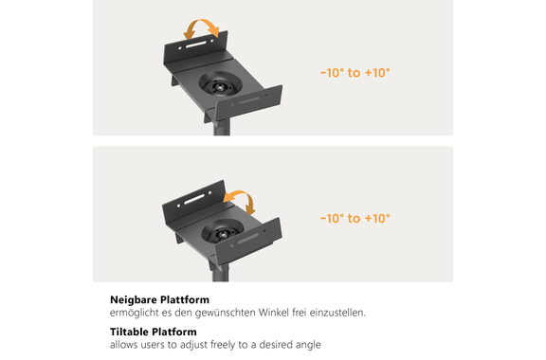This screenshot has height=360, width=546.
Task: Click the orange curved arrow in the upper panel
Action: click(201, 21)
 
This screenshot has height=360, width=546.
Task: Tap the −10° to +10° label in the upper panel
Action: click(355, 73)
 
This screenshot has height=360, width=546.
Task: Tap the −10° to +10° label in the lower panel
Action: click(355, 218)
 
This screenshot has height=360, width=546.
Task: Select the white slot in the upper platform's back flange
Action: click(197, 45)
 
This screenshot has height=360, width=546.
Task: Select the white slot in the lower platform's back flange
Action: click(194, 199)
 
